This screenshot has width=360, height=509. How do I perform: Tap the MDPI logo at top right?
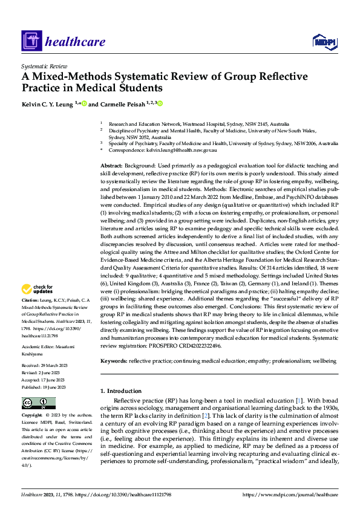324,41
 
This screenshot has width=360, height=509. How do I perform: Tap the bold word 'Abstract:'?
113,166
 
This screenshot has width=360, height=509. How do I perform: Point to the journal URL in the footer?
293,494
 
